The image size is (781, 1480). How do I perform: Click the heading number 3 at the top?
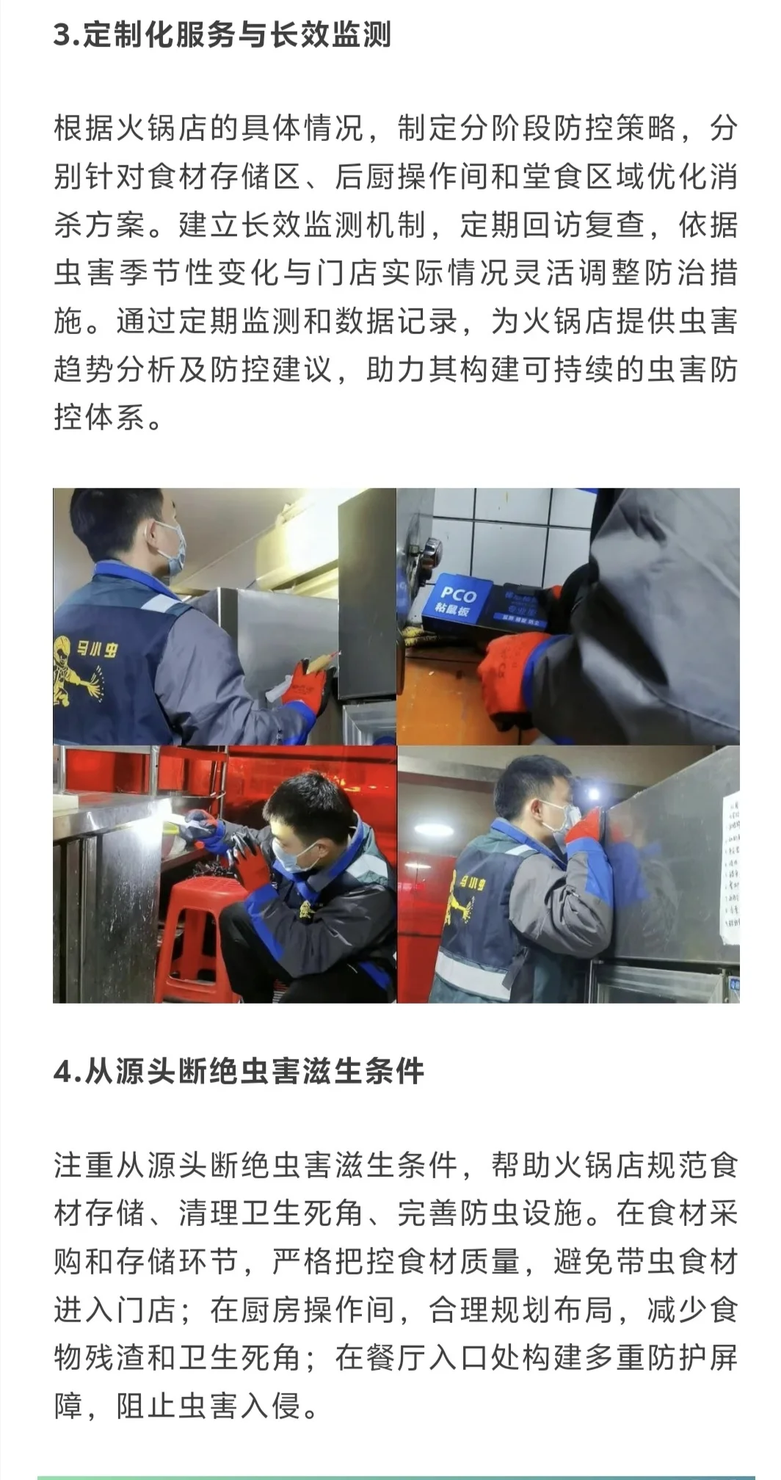[62, 35]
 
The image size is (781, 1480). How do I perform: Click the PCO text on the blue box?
[458, 595]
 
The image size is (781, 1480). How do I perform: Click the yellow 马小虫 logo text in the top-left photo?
[95, 648]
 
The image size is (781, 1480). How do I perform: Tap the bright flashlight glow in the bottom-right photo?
[592, 794]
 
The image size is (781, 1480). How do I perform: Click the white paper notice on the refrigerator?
[730, 866]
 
